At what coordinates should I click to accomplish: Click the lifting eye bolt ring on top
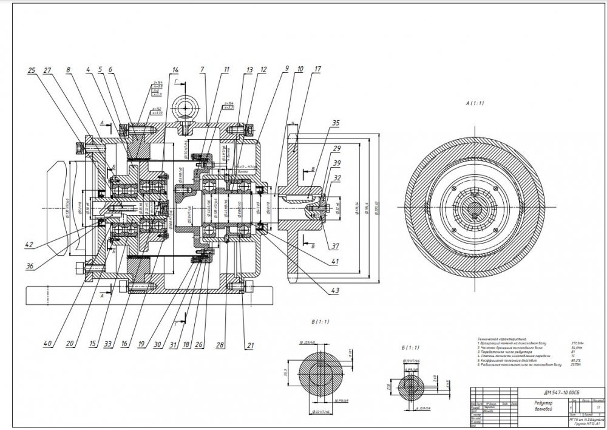click(183, 108)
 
